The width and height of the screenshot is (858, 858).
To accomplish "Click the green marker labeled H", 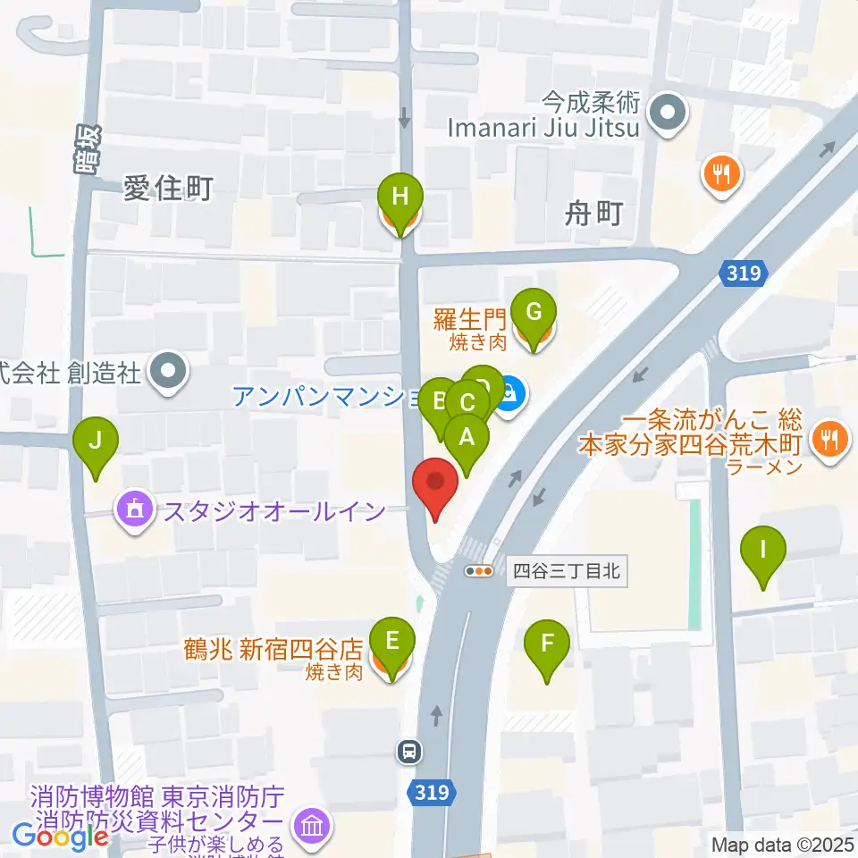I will click(400, 196).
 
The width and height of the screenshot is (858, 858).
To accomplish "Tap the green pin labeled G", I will click(534, 314).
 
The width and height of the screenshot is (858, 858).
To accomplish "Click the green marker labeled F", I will click(547, 643).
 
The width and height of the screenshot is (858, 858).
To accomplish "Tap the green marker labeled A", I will click(466, 439).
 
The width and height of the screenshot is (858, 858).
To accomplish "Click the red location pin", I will click(436, 484).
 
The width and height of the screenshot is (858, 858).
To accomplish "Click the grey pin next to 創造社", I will click(167, 371).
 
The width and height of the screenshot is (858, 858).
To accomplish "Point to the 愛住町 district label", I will click(168, 189).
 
